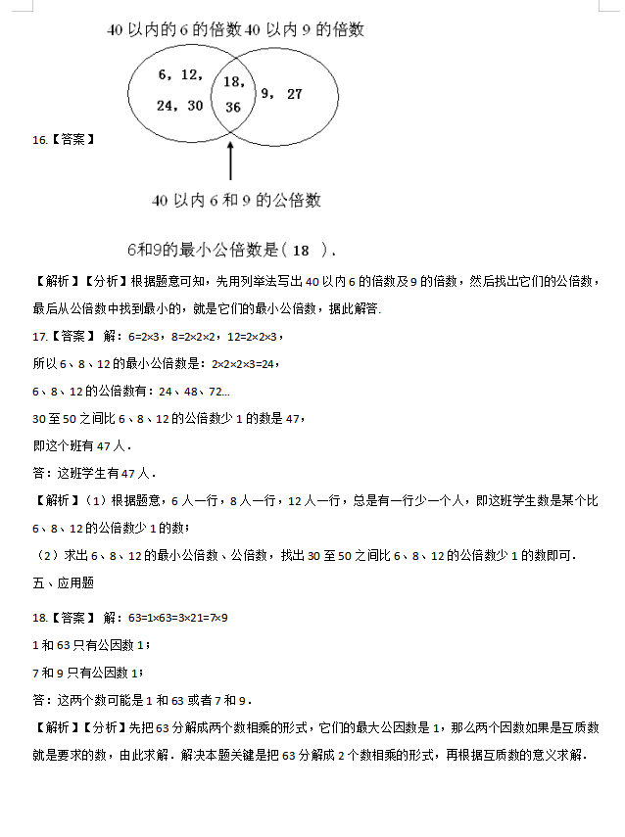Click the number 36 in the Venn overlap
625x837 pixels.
click(232, 107)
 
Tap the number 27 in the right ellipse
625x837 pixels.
click(294, 94)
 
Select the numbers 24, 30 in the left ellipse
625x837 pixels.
click(180, 105)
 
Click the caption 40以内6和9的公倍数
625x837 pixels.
click(236, 201)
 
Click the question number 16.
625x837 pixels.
click(39, 140)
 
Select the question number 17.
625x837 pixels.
click(39, 336)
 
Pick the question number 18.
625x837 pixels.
click(39, 618)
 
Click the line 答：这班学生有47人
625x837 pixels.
click(94, 473)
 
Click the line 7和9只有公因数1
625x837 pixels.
click(87, 673)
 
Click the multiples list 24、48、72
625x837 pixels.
click(201, 391)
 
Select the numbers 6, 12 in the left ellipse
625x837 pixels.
click(180, 74)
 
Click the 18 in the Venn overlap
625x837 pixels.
click(234, 82)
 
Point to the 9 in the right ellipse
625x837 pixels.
click(264, 94)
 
